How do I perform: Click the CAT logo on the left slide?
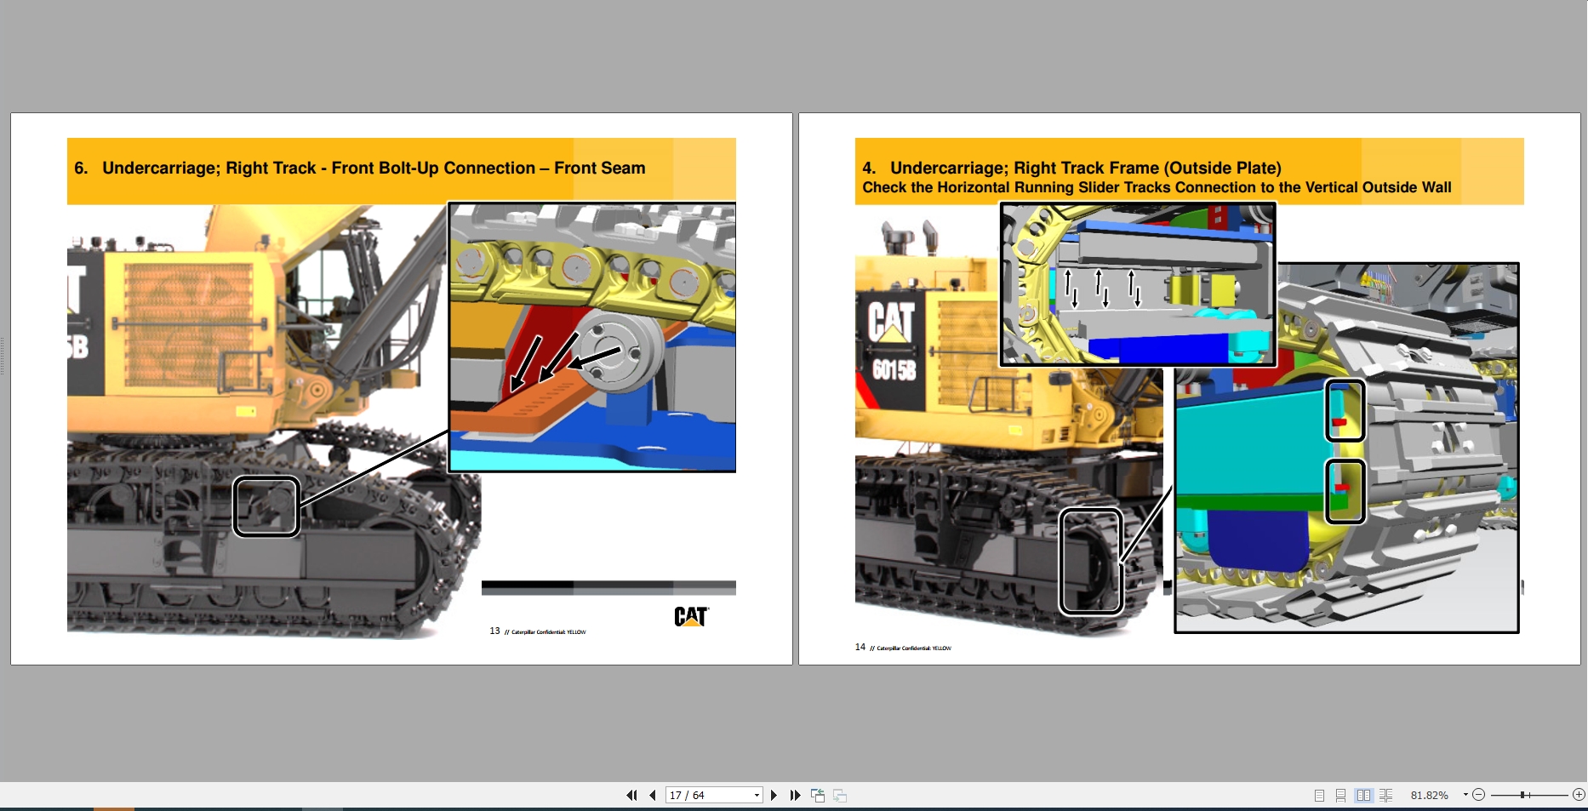click(x=690, y=616)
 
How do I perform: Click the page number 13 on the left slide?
click(x=494, y=631)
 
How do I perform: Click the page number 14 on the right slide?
click(x=860, y=648)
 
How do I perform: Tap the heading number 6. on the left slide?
click(x=81, y=168)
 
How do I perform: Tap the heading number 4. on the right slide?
click(x=869, y=168)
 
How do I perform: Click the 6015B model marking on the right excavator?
click(x=894, y=369)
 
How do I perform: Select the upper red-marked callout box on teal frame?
click(x=1345, y=411)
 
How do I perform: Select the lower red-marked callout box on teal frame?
click(x=1345, y=491)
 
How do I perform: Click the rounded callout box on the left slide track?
click(x=266, y=507)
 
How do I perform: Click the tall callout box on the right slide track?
click(x=1091, y=561)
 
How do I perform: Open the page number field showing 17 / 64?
click(x=712, y=796)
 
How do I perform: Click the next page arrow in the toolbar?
click(x=774, y=796)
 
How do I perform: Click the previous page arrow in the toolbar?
click(x=653, y=796)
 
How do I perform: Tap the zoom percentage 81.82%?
click(x=1429, y=796)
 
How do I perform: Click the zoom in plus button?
click(x=1579, y=795)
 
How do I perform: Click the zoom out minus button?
click(x=1479, y=795)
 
